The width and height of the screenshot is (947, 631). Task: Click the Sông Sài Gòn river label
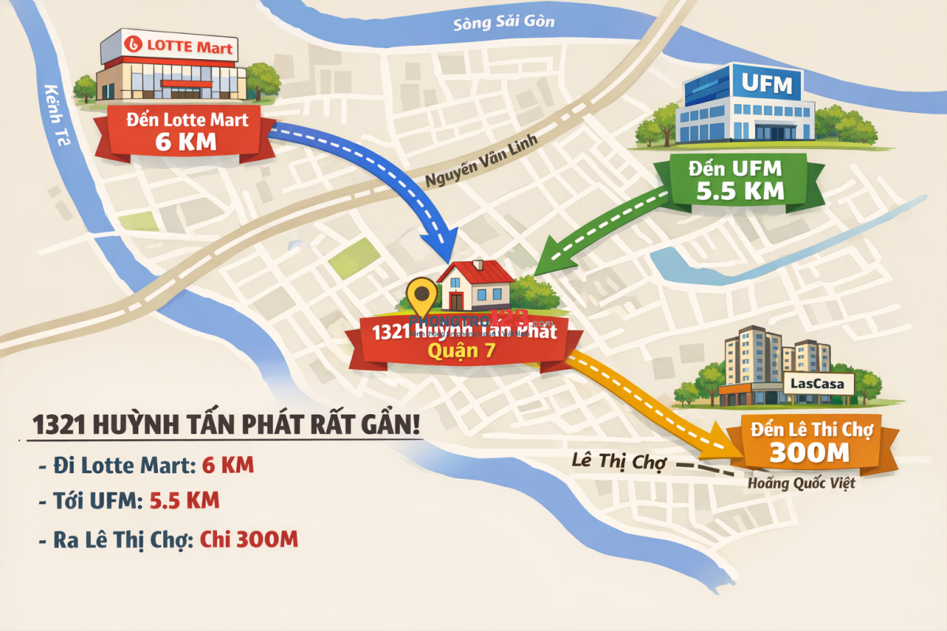(x=503, y=21)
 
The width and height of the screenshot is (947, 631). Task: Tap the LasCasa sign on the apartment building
(x=822, y=385)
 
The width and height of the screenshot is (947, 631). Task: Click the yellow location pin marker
(x=422, y=297)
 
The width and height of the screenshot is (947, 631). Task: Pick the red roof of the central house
(x=475, y=273)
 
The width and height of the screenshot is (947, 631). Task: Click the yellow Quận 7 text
(x=461, y=351)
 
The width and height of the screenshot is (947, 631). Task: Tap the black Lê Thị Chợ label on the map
(x=619, y=461)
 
